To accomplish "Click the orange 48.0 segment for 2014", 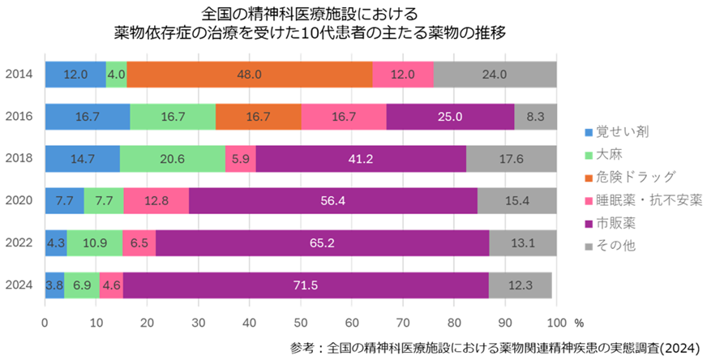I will pos(249,74).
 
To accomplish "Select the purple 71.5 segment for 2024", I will pos(306,285).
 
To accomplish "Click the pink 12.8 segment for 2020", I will pos(156,200).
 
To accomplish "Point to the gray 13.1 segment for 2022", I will pos(522,242).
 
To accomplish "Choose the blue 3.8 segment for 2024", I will pos(54,285).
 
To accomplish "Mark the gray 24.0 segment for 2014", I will pos(495,74).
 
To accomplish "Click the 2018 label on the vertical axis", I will pos(19,158).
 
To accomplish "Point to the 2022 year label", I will pos(19,242).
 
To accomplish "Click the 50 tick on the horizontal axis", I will pos(301,322).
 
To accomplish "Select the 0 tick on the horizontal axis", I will pos(45,322).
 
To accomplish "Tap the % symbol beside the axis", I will pos(579,322).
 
